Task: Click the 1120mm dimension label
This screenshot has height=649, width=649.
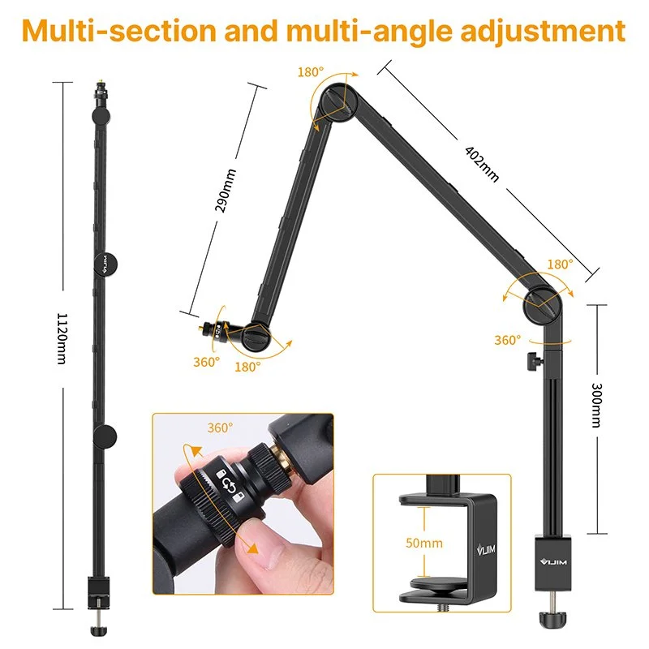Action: [62, 338]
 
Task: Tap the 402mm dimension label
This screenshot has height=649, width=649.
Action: [482, 164]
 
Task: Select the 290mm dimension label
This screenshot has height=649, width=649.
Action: [226, 191]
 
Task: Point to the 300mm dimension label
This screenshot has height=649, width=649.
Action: [596, 405]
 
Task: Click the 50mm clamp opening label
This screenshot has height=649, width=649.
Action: [423, 543]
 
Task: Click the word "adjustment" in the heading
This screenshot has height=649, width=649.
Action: [543, 31]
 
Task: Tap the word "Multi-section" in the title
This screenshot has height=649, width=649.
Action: [119, 30]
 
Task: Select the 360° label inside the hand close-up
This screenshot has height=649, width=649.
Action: [220, 428]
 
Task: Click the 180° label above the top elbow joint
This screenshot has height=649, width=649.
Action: [311, 72]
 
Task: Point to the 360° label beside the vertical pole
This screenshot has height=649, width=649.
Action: [508, 340]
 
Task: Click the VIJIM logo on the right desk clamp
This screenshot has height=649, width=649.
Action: [553, 561]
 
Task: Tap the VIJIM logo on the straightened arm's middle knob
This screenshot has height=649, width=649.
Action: [105, 264]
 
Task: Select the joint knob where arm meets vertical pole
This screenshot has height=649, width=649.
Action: [542, 306]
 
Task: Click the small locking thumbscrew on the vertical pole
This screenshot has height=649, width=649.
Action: [535, 360]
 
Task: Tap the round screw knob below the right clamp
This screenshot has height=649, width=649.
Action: [552, 620]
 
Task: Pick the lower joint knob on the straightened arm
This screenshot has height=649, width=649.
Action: [105, 436]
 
